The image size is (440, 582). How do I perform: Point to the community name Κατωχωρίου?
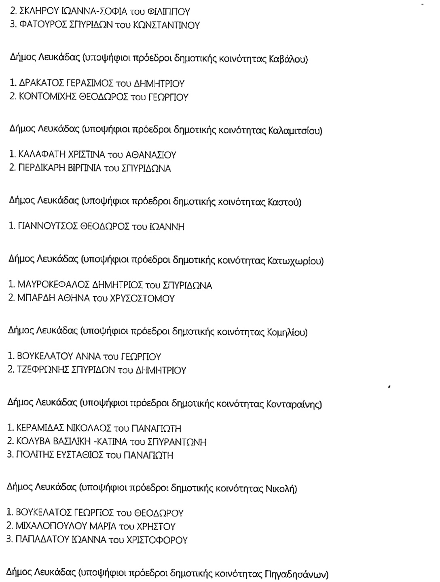click(x=295, y=261)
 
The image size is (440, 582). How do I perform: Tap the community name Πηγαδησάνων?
click(x=296, y=573)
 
